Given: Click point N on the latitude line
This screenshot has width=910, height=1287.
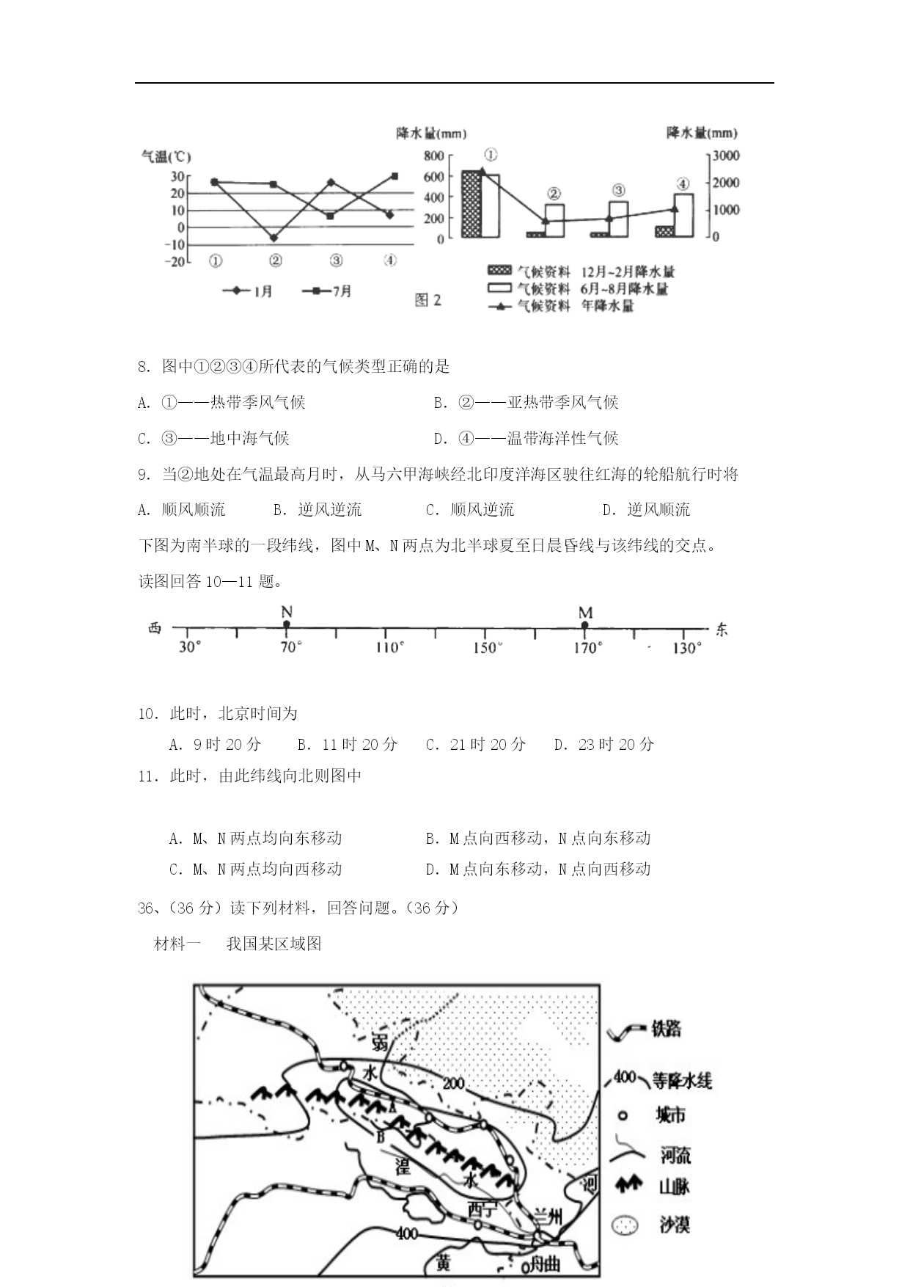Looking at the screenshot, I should (287, 624).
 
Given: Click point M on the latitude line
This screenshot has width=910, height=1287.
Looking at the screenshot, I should (584, 624).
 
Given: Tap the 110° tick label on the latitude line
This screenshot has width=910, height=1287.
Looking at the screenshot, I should (389, 647).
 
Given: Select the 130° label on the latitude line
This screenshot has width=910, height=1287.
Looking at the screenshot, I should (686, 648).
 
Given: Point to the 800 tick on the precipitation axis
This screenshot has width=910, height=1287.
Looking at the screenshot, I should (434, 156).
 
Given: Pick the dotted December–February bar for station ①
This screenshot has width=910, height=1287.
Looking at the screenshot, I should (471, 204).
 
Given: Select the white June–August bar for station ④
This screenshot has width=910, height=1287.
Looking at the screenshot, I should (683, 215).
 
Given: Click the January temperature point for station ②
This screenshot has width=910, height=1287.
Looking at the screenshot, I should (274, 238).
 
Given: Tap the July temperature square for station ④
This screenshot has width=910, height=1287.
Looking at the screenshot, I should (395, 176).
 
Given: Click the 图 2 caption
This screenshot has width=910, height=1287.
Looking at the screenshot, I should (428, 299).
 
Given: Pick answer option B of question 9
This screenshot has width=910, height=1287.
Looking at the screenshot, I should (318, 509).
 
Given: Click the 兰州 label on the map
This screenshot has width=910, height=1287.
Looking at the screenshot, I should (548, 1217).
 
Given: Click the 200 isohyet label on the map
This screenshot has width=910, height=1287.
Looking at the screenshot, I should (454, 1083).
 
